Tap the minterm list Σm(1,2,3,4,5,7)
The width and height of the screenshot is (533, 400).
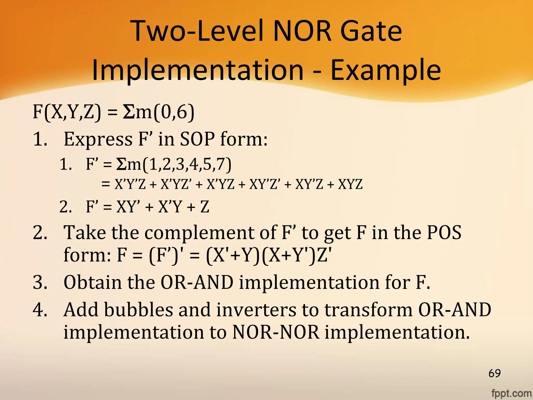[174, 165]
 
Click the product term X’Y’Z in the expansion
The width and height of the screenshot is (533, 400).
[130, 184]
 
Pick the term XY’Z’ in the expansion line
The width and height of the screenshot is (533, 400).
[265, 184]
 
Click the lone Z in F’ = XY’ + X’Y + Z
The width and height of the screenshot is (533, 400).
[205, 207]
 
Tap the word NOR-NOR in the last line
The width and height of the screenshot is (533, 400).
[276, 332]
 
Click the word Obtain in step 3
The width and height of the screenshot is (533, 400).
[92, 282]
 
